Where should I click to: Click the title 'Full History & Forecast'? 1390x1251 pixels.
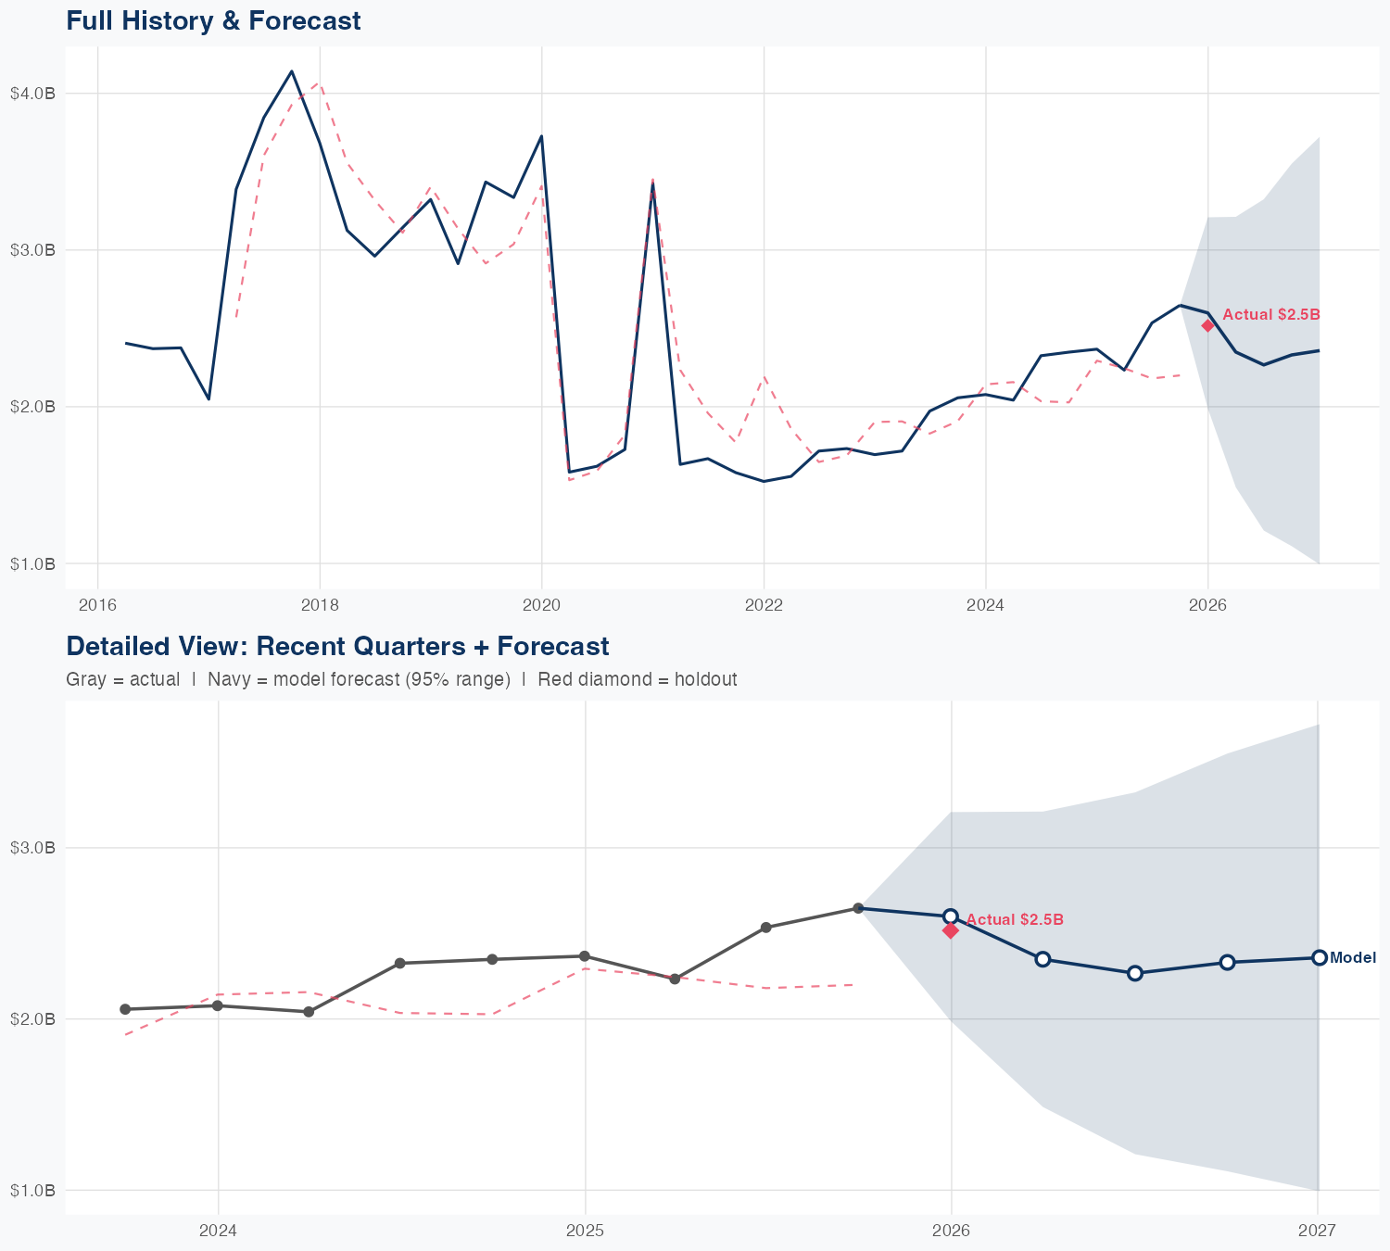point(213,20)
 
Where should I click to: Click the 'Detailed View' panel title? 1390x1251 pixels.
point(337,646)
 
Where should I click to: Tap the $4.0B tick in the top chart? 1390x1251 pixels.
point(32,94)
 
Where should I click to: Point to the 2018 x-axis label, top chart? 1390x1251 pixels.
point(320,605)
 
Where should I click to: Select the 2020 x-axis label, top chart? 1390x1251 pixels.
point(541,605)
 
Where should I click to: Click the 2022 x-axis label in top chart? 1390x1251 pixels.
point(764,605)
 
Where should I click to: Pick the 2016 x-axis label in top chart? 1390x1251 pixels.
point(97,605)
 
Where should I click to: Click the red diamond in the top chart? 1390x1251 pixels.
point(1207,325)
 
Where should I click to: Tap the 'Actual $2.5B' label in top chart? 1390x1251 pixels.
point(1270,315)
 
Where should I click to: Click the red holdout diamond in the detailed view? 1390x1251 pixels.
point(950,930)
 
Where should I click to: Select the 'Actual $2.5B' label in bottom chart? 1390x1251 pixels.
point(1015,920)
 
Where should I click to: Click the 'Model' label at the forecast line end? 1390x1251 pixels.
point(1352,958)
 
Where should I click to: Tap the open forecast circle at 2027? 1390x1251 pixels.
point(1319,957)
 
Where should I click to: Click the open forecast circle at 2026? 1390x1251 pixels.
point(950,916)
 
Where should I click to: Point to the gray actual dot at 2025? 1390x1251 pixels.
point(584,956)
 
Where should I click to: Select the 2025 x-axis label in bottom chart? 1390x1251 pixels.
point(585,1231)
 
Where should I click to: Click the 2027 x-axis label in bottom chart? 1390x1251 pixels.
point(1317,1231)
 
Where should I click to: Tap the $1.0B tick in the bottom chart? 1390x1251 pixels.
point(32,1191)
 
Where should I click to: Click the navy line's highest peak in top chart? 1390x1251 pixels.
point(292,71)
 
